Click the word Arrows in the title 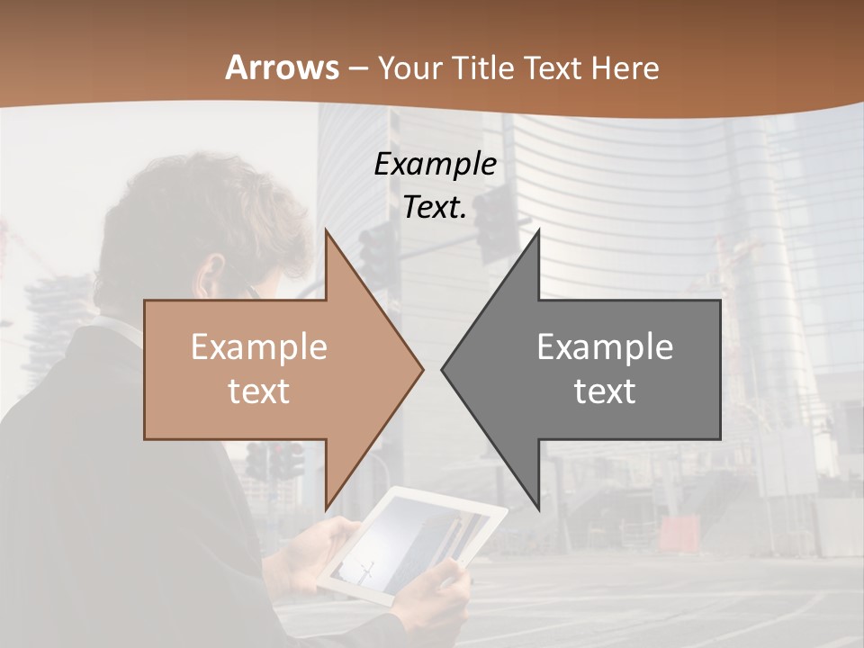tap(283, 67)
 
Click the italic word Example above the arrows tap(435, 164)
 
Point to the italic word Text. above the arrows tap(435, 207)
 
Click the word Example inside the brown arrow tap(258, 346)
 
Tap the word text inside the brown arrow tap(258, 391)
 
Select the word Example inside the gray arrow tap(605, 346)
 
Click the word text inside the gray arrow tap(605, 391)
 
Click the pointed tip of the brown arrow tap(421, 369)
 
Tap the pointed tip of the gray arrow tap(444, 369)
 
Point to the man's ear tap(213, 273)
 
